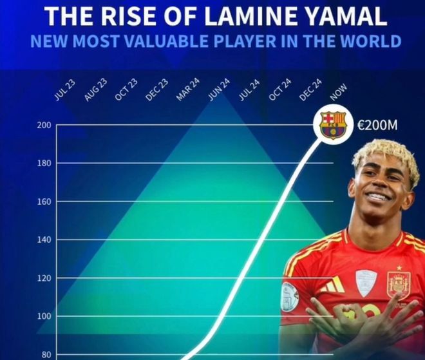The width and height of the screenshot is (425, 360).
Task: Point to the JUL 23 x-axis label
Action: click(x=62, y=91)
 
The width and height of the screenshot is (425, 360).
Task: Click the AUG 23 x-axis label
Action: click(x=95, y=90)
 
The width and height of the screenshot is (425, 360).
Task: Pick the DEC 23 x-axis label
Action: click(x=156, y=90)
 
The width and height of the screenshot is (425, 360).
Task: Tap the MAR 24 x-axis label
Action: click(x=187, y=90)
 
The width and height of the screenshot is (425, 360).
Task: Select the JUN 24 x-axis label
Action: click(x=219, y=90)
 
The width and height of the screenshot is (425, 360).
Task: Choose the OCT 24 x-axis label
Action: click(x=280, y=90)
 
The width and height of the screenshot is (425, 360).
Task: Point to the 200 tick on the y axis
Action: click(x=44, y=125)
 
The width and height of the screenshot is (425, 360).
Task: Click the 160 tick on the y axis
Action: click(x=44, y=202)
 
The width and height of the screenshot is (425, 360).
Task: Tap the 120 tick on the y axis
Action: click(x=44, y=278)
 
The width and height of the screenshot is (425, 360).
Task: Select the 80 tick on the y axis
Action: click(x=46, y=355)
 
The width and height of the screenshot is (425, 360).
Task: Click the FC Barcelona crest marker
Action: click(x=333, y=125)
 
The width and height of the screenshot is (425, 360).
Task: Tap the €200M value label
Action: click(x=377, y=125)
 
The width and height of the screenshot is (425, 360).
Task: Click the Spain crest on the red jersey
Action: click(x=398, y=284)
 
